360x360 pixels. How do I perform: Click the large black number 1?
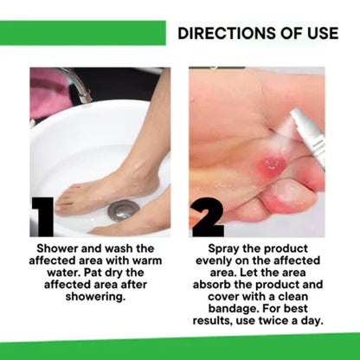click(42, 214)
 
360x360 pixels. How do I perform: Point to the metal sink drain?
click(123, 209)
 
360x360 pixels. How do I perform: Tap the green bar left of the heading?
click(82, 34)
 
